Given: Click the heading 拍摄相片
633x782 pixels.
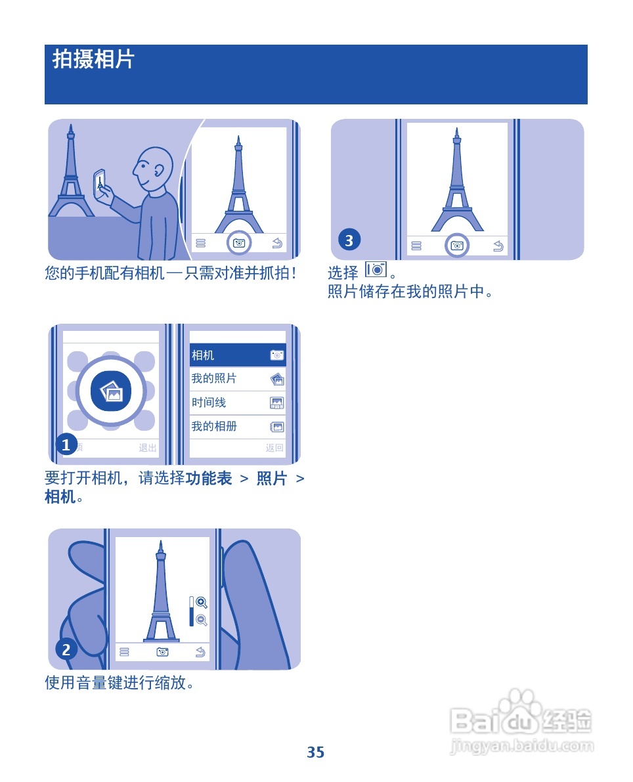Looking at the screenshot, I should click(93, 60).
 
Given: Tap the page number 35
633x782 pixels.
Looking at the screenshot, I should click(316, 752).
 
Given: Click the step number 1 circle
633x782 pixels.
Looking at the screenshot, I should click(66, 446).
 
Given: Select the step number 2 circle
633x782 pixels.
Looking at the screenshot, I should click(66, 650).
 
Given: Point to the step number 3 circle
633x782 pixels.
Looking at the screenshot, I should click(349, 241).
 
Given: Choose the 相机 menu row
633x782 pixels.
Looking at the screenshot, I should click(238, 355).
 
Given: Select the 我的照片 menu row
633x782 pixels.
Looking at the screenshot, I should click(238, 379).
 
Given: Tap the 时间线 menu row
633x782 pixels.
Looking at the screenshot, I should click(238, 402).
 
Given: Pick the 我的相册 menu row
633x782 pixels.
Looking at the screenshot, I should click(238, 427).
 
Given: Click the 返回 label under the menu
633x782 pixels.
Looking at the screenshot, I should click(274, 448).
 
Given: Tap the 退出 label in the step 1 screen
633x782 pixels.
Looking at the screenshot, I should click(148, 448).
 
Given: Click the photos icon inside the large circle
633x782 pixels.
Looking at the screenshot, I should click(111, 392).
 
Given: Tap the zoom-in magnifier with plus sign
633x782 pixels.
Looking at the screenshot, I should click(202, 603).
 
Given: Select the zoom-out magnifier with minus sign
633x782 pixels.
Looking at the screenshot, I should click(202, 620).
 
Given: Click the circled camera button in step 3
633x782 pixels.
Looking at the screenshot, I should click(457, 246).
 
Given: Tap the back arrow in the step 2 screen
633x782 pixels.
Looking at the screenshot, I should click(200, 652).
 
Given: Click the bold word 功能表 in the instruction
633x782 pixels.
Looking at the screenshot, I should click(209, 479).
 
